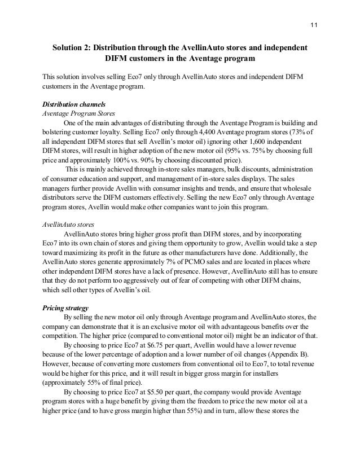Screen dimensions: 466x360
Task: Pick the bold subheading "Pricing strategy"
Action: (65, 308)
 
